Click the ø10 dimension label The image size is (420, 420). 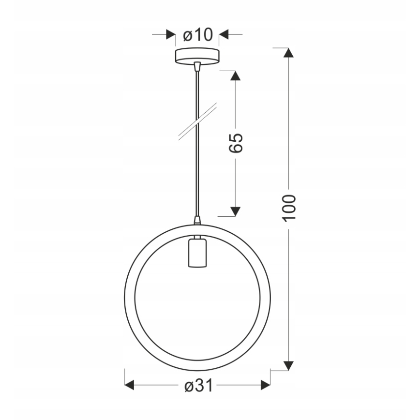pos(198,35)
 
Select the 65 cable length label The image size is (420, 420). pos(236,142)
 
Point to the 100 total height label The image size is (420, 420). pos(289,208)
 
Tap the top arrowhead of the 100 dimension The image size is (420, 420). pos(289,53)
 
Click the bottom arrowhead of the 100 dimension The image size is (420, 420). pos(289,365)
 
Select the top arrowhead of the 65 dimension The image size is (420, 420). pos(235,75)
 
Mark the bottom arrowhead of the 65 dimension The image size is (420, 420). pos(235,211)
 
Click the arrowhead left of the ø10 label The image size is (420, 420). pos(170,35)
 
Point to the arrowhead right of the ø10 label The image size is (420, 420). pos(224,35)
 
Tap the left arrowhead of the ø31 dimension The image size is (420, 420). pos(130,386)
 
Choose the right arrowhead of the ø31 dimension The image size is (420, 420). pos(265,386)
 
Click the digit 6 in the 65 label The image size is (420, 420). pos(236,148)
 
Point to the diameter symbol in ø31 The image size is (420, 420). pos(189,386)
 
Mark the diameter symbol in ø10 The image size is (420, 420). pos(188,35)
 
